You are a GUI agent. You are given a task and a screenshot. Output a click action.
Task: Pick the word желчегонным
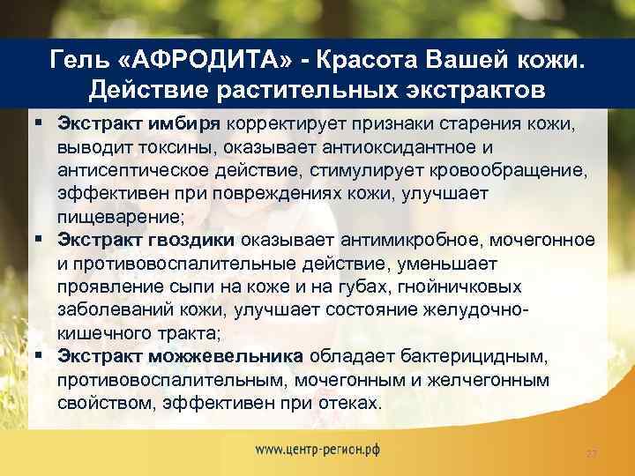pos(497,380)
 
